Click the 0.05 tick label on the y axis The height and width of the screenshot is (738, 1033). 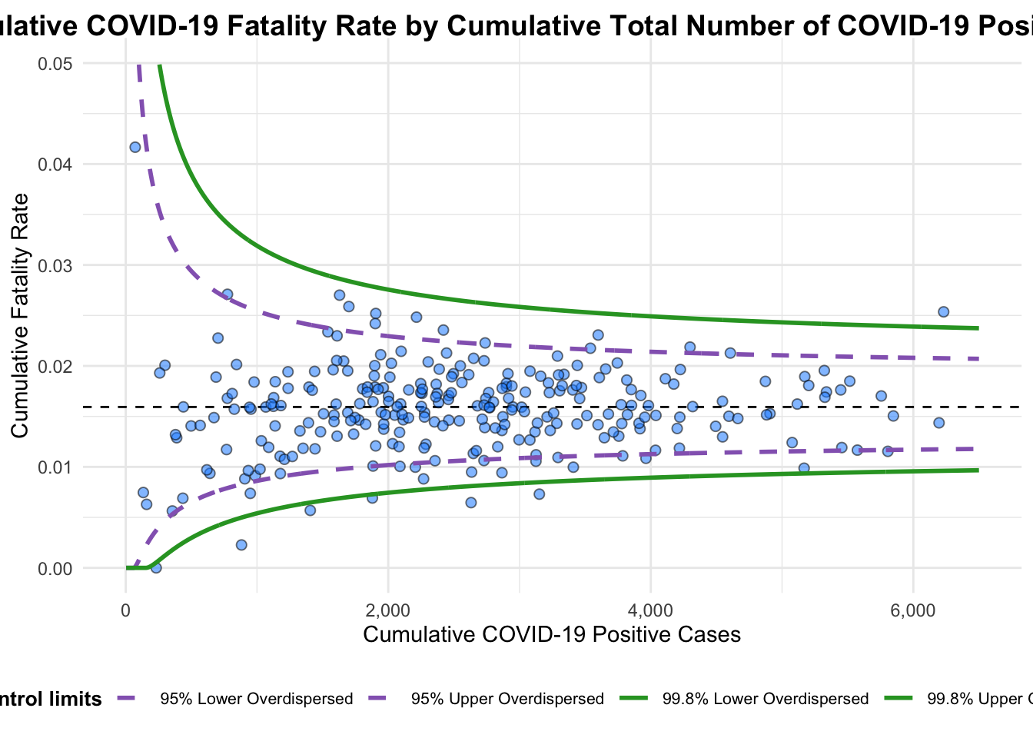pyautogui.click(x=55, y=64)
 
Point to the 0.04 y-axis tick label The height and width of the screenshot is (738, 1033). pyautogui.click(x=55, y=165)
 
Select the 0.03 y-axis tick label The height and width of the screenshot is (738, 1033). pyautogui.click(x=55, y=265)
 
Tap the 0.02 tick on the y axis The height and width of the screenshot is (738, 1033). pyautogui.click(x=55, y=367)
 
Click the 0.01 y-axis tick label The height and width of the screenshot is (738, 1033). pyautogui.click(x=55, y=467)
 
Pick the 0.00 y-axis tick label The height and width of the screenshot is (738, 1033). pyautogui.click(x=55, y=569)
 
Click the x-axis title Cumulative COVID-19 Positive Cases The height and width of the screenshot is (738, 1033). pyautogui.click(x=552, y=634)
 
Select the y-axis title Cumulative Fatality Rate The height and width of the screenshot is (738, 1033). pyautogui.click(x=20, y=315)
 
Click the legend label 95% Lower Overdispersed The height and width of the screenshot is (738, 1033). pyautogui.click(x=257, y=699)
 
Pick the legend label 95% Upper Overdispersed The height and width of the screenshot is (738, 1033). pyautogui.click(x=507, y=699)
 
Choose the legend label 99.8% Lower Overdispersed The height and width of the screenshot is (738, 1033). pyautogui.click(x=766, y=699)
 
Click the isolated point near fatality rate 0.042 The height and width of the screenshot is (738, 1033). pyautogui.click(x=135, y=147)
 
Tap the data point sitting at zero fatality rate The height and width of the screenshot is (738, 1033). pyautogui.click(x=156, y=567)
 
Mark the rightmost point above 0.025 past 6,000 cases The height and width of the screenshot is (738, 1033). pyautogui.click(x=943, y=311)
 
